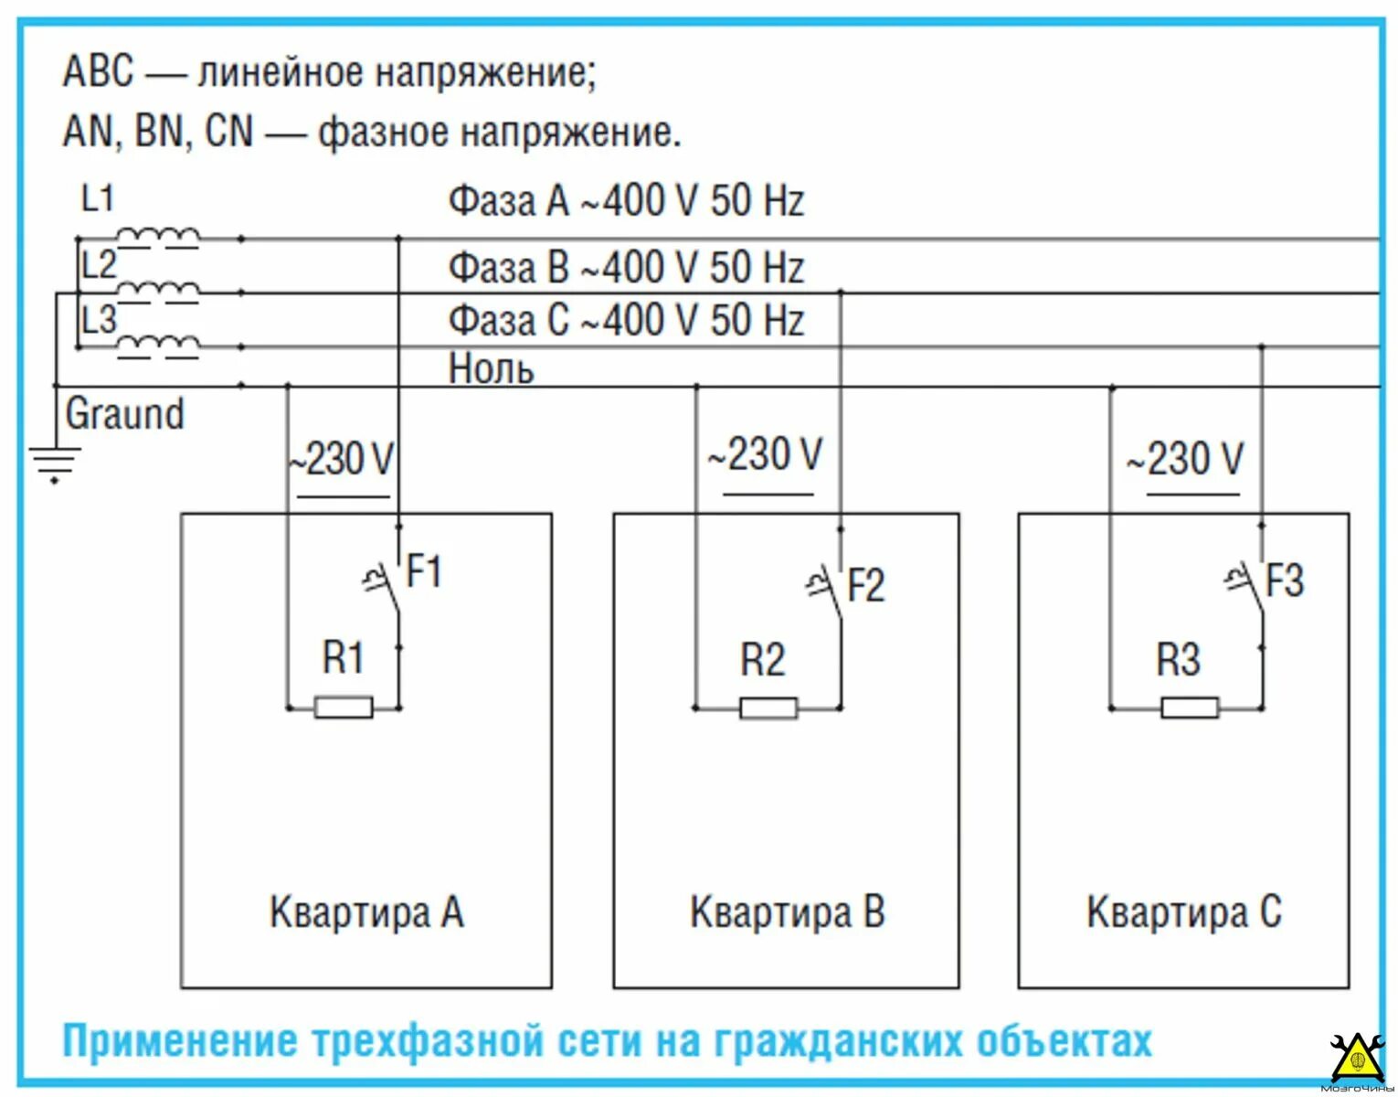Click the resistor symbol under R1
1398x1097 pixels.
tap(343, 707)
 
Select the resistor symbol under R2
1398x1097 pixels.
tap(768, 708)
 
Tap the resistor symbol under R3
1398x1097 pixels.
tap(1189, 707)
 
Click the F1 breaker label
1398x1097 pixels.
tap(424, 571)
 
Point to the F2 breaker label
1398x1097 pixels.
tap(866, 585)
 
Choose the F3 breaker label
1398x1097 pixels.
tap(1284, 580)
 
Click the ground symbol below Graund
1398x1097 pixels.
tap(55, 462)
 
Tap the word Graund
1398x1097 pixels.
tap(124, 414)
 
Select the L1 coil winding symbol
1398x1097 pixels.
tap(159, 237)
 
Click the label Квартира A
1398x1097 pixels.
tap(365, 911)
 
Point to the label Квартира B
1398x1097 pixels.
tap(787, 911)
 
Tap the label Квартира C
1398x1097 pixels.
tap(1183, 911)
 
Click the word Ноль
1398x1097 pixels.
tap(491, 368)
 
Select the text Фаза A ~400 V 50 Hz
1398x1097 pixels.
tap(626, 201)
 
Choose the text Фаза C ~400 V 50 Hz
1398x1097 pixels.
tap(626, 321)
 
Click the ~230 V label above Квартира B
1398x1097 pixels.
tap(766, 454)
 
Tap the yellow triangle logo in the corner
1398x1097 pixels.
tap(1356, 1060)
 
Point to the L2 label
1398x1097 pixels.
tap(98, 265)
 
